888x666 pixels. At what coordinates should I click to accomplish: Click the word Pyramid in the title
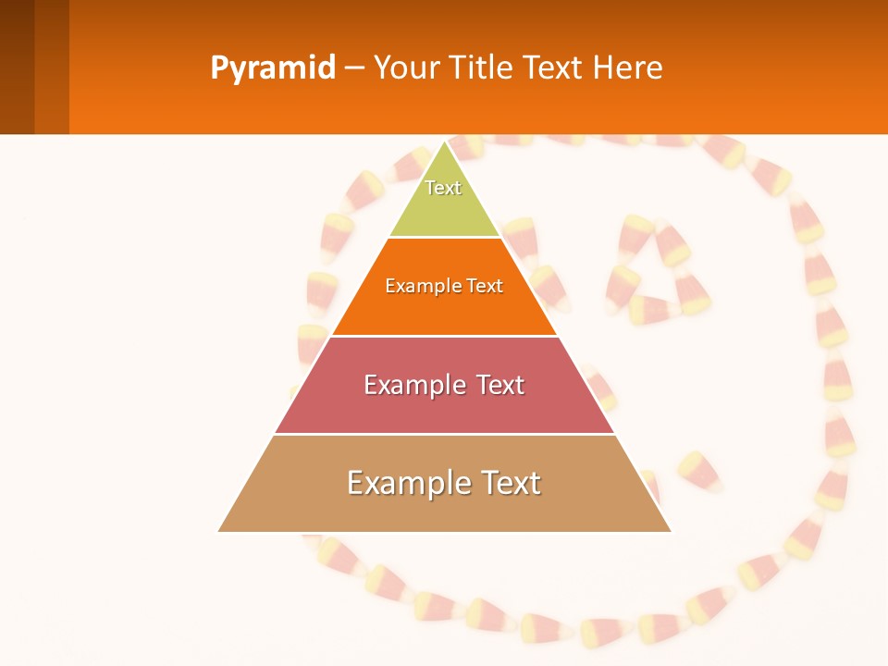tap(273, 68)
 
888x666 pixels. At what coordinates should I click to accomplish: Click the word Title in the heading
tap(480, 68)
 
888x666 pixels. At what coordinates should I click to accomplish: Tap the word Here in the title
tap(627, 68)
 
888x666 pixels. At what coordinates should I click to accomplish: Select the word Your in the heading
tap(406, 68)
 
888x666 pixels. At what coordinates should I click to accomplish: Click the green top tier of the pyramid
tap(445, 208)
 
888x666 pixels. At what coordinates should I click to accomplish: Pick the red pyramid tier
tap(444, 407)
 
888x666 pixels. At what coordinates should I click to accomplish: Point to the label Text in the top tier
tap(443, 188)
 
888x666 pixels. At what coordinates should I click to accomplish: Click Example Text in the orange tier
tap(444, 286)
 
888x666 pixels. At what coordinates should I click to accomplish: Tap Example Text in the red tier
tap(444, 385)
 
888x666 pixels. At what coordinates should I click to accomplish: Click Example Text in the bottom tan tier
tap(444, 483)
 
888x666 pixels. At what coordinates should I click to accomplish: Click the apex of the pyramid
tap(445, 142)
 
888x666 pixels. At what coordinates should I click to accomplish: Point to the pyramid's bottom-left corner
tap(220, 530)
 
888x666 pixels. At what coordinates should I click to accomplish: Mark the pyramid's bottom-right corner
tap(670, 530)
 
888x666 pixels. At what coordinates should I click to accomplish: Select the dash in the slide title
tap(354, 68)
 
